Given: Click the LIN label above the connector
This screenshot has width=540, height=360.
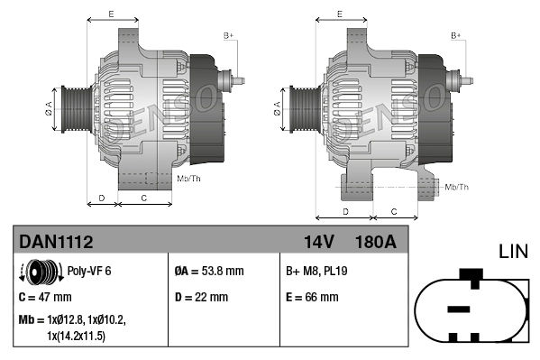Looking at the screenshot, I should tap(513, 250).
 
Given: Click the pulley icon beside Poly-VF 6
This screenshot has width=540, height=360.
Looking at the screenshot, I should tap(37, 270).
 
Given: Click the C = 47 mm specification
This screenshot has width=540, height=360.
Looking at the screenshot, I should tap(45, 297).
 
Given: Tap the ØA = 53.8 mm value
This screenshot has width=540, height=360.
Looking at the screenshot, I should tap(207, 270).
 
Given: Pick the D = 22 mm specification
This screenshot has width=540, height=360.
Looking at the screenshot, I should tap(201, 297).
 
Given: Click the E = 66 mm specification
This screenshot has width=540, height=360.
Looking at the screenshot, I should tap(312, 297).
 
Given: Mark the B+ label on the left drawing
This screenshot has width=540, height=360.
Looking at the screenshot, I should tap(228, 35).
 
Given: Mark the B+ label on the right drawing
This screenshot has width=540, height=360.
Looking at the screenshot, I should tap(456, 35).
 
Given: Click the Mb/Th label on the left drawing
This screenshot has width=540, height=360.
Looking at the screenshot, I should tap(188, 180).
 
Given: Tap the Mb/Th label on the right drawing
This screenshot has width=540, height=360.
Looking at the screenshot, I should tap(456, 187).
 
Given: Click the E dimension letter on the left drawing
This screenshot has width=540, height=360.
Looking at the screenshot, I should tap(110, 14).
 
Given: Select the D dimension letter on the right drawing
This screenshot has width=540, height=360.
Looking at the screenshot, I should tap(346, 211).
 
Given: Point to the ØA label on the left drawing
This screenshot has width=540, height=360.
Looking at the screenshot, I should tap(50, 109).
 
